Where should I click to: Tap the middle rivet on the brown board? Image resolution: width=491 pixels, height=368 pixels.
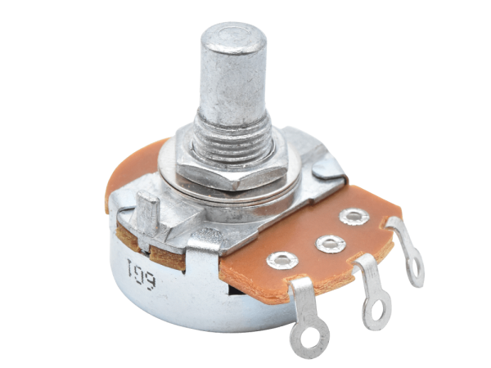pos(331,244)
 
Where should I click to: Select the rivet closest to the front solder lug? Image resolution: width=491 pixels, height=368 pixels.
pos(282,260)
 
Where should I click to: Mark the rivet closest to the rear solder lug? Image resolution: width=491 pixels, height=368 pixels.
pos(354,216)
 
